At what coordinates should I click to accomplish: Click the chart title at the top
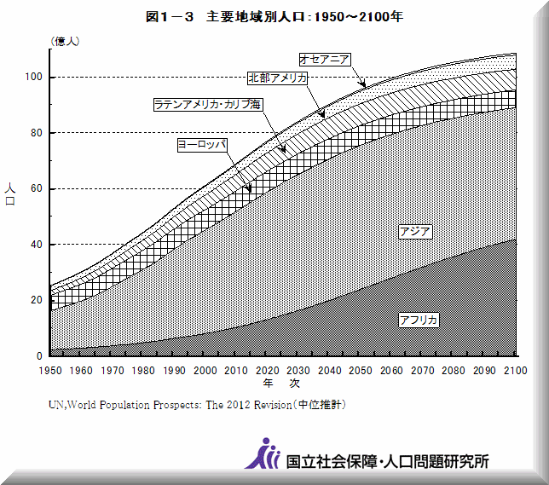click(x=274, y=16)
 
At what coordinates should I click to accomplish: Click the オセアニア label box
click(x=325, y=59)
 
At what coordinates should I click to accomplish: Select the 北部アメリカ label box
click(x=277, y=78)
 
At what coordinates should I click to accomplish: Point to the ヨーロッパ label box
click(x=201, y=145)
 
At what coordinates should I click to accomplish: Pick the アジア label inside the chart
click(x=415, y=231)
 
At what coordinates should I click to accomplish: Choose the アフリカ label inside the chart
click(x=419, y=319)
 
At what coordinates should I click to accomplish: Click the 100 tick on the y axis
click(x=35, y=78)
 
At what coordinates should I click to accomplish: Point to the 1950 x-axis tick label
click(x=51, y=370)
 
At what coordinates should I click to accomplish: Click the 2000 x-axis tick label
click(x=205, y=370)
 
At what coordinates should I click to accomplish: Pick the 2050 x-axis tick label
click(x=361, y=370)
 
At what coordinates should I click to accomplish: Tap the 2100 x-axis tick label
click(x=516, y=370)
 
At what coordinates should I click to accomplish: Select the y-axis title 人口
click(x=10, y=194)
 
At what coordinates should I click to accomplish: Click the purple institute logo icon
click(x=263, y=454)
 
